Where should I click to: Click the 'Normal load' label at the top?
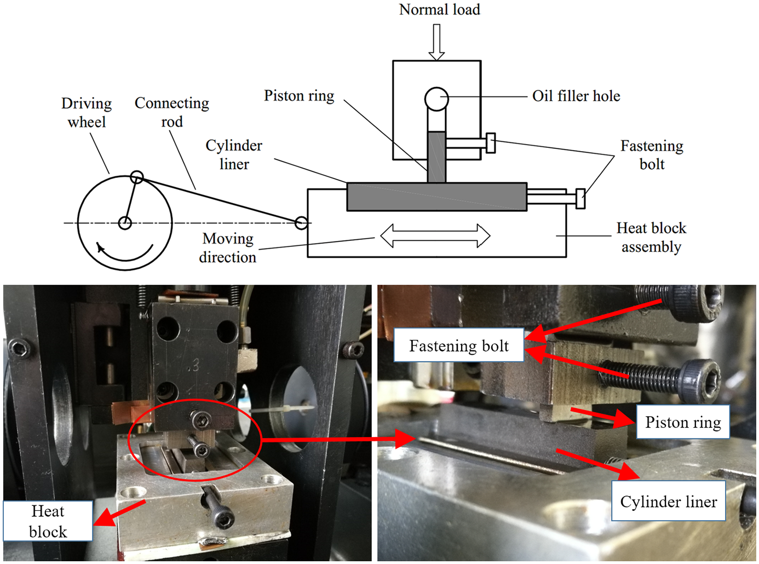[439, 10]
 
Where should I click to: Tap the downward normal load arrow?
[436, 43]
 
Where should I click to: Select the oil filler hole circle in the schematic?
[436, 99]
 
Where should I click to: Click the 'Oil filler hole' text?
[576, 96]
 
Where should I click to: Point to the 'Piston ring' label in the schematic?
[299, 96]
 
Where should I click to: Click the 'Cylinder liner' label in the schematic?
[234, 154]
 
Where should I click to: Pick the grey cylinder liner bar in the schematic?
[436, 197]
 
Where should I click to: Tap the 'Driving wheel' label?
[87, 113]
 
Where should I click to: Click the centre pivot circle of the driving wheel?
[125, 223]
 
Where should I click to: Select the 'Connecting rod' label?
[172, 112]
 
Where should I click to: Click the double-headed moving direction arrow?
[435, 236]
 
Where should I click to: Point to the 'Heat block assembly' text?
[651, 237]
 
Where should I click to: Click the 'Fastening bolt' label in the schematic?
[652, 154]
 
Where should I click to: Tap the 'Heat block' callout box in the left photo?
[48, 521]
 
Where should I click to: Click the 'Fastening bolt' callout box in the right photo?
[459, 346]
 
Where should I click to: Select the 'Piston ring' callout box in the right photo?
[683, 422]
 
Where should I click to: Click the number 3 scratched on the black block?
[195, 366]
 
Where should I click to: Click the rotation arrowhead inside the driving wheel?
[100, 247]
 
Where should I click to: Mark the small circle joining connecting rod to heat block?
[301, 223]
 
